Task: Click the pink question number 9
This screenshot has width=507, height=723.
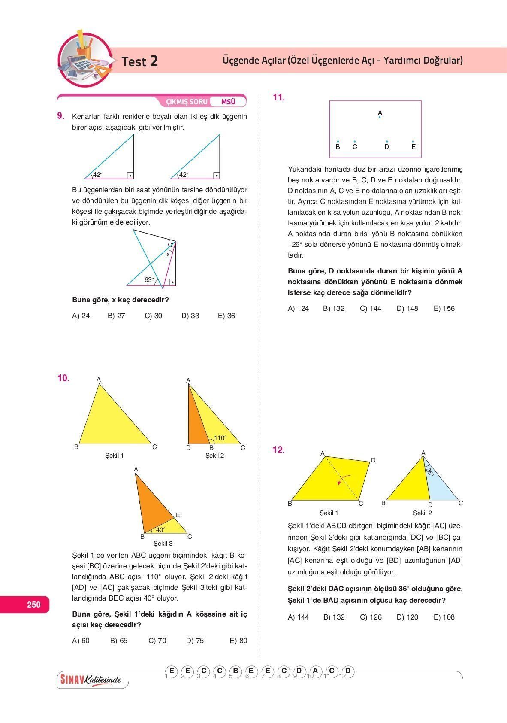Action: pyautogui.click(x=60, y=116)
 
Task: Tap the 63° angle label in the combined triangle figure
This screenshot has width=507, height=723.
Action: pyautogui.click(x=149, y=280)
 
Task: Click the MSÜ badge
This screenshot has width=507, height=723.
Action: pyautogui.click(x=228, y=102)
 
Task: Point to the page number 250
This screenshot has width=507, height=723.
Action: pyautogui.click(x=33, y=605)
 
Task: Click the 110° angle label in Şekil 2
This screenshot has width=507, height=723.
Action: pyautogui.click(x=220, y=438)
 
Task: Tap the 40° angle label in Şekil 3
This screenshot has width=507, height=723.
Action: pyautogui.click(x=160, y=530)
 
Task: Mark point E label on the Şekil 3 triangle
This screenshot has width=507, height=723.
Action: pyautogui.click(x=178, y=515)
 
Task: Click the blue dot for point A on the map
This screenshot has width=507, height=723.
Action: pyautogui.click(x=380, y=117)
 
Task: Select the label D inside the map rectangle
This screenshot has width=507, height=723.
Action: pyautogui.click(x=387, y=147)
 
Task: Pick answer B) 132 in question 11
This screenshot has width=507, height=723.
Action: pyautogui.click(x=334, y=309)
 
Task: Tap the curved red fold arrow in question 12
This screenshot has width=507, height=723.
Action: pyautogui.click(x=344, y=479)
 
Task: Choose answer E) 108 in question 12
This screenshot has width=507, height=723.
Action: pyautogui.click(x=444, y=617)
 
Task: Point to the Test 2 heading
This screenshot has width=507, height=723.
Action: pyautogui.click(x=140, y=61)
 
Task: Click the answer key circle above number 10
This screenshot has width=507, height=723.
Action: pyautogui.click(x=315, y=671)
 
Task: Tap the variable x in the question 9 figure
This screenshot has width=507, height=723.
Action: pyautogui.click(x=168, y=254)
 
